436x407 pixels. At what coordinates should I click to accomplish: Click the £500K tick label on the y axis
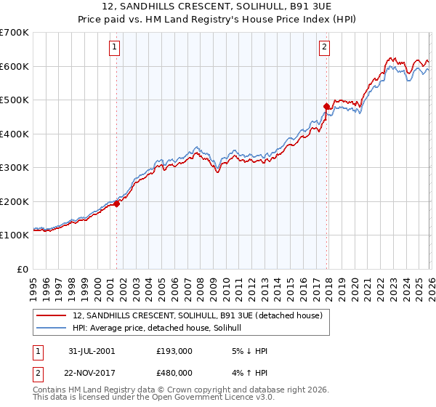click(x=14, y=100)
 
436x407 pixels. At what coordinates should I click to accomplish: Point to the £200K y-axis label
click(x=14, y=201)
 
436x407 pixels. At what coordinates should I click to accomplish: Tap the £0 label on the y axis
click(x=22, y=269)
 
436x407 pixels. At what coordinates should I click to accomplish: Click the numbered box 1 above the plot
click(x=116, y=48)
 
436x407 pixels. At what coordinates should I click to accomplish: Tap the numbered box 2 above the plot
click(x=324, y=48)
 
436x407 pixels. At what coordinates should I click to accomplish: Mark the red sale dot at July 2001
click(x=116, y=203)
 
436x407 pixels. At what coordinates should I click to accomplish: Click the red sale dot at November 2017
click(x=326, y=107)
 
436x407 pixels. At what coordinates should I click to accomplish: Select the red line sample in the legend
click(x=52, y=315)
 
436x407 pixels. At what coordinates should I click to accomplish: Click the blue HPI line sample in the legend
click(x=52, y=328)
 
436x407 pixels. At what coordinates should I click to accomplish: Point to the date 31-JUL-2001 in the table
click(x=90, y=351)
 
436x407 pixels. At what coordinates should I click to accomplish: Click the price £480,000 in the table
click(x=174, y=371)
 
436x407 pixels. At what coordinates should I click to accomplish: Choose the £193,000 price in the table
click(x=174, y=351)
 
